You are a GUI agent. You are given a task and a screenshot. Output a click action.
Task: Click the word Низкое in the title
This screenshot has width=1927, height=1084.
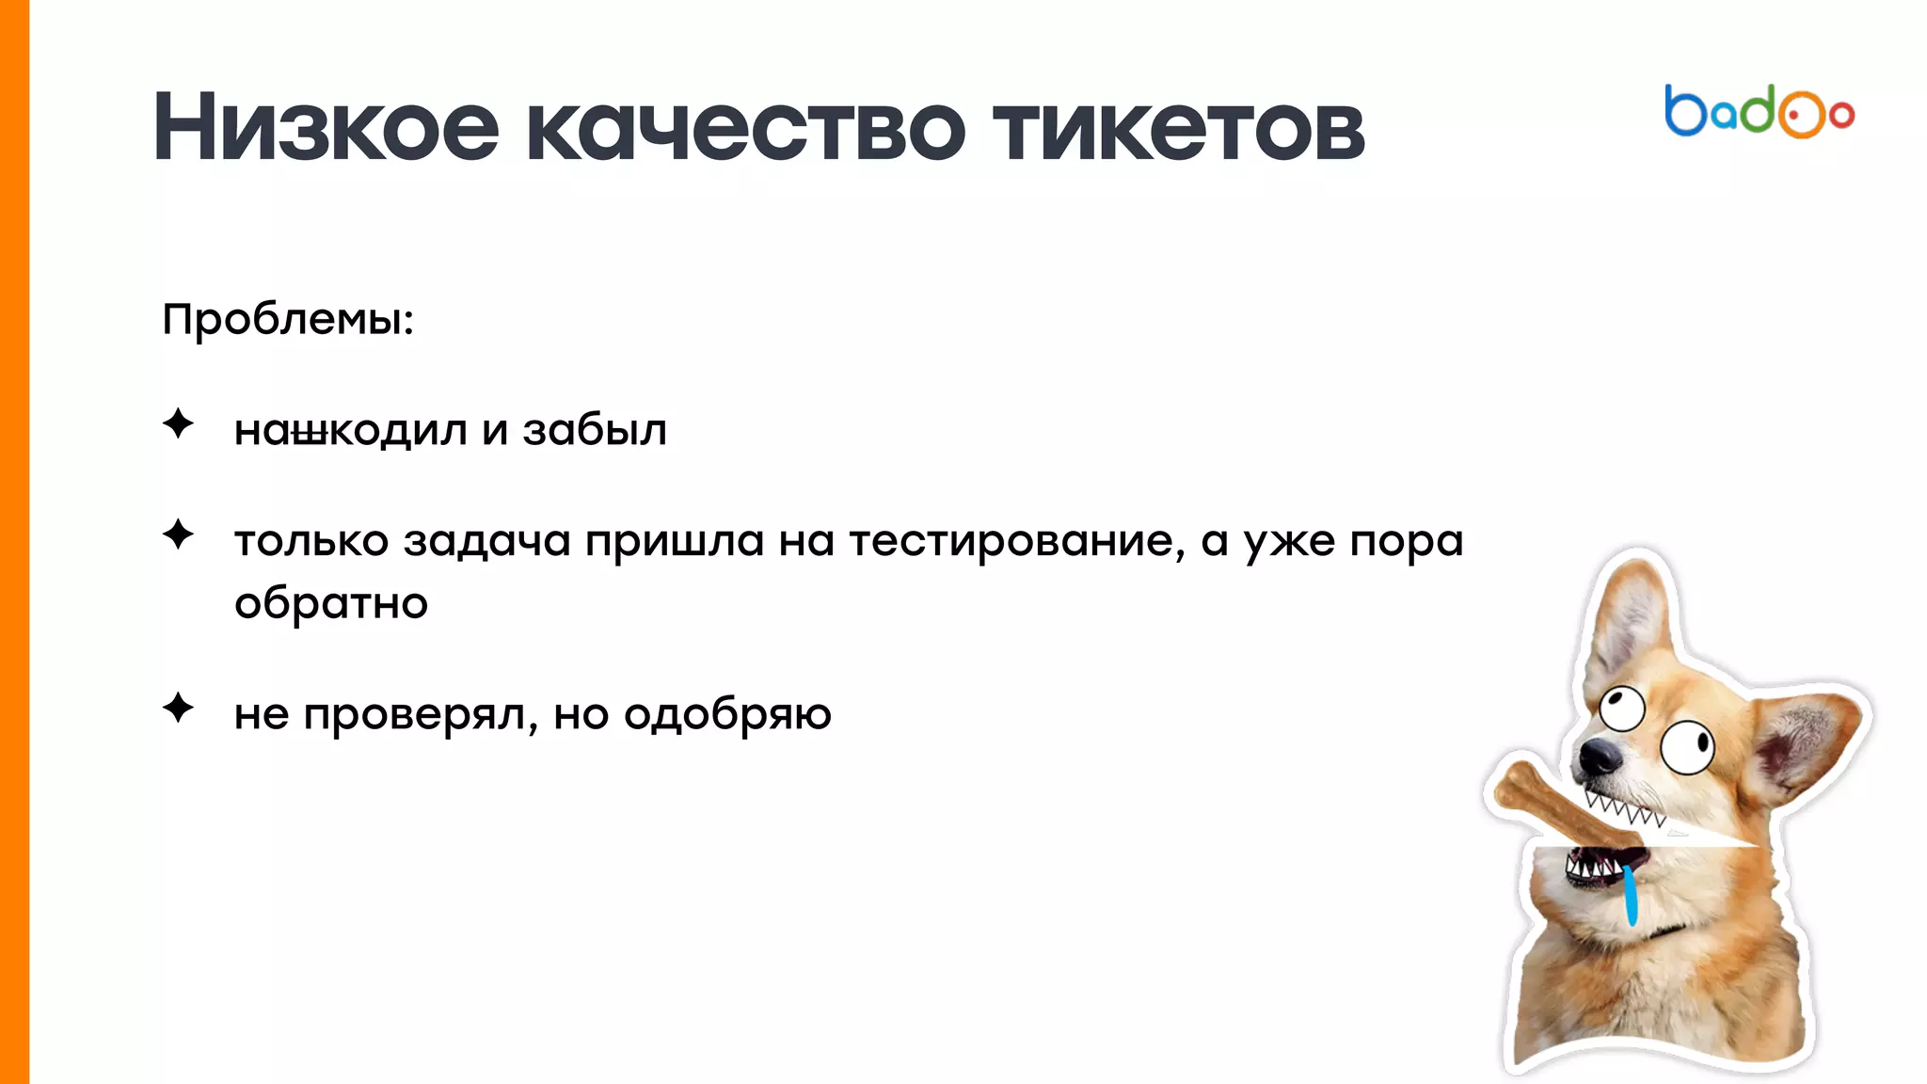pyautogui.click(x=326, y=128)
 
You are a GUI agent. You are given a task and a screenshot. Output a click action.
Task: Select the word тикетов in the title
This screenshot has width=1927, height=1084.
pyautogui.click(x=1178, y=128)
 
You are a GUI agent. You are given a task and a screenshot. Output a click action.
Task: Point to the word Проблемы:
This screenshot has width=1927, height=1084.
pyautogui.click(x=288, y=320)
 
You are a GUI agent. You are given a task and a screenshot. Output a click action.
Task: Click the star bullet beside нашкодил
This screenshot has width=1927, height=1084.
pyautogui.click(x=178, y=424)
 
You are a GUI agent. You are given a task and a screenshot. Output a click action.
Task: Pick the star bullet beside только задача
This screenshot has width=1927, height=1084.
pyautogui.click(x=178, y=534)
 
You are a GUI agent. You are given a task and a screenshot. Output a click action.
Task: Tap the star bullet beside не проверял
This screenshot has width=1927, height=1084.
pyautogui.click(x=178, y=708)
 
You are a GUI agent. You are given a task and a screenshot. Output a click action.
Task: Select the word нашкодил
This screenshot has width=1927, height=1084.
pyautogui.click(x=351, y=431)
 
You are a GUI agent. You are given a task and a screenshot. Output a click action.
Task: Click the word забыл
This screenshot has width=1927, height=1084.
pyautogui.click(x=595, y=431)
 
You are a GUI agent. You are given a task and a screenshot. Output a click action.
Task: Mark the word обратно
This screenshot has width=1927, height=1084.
pyautogui.click(x=331, y=604)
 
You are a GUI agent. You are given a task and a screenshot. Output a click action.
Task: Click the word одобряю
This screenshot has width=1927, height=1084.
pyautogui.click(x=727, y=715)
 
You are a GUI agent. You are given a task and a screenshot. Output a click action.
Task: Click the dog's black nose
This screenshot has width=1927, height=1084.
pyautogui.click(x=1597, y=755)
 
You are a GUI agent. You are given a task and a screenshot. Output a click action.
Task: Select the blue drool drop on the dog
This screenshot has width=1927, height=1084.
pyautogui.click(x=1631, y=894)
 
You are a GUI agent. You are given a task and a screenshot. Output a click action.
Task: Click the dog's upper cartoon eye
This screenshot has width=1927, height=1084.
pyautogui.click(x=1622, y=708)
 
